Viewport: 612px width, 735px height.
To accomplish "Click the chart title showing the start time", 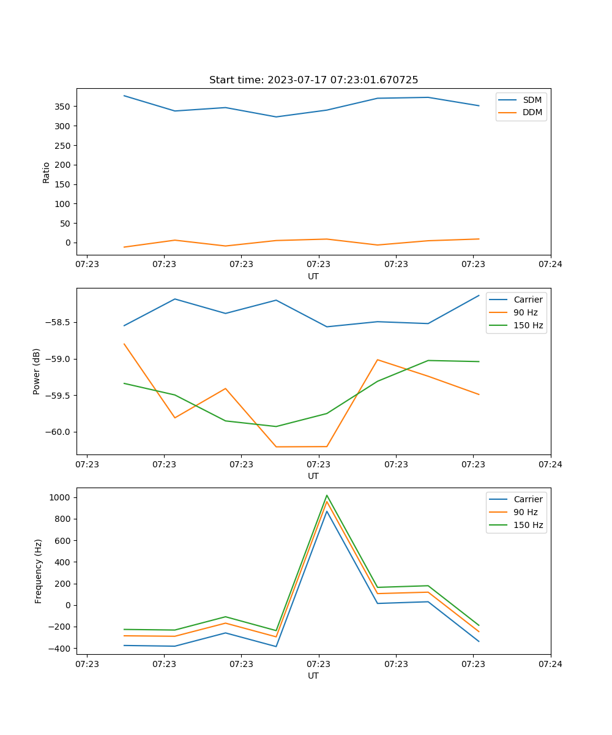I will tap(313, 80).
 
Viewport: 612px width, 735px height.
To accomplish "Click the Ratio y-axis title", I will tap(47, 172).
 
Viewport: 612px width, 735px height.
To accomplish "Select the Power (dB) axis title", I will tap(37, 371).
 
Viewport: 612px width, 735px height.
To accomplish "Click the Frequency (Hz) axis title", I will tap(39, 571).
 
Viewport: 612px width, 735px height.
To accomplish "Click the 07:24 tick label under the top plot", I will tap(550, 265).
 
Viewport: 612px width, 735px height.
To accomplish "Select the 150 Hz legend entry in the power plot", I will tap(528, 325).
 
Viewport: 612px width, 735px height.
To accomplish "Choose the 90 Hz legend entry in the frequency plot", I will tap(525, 512).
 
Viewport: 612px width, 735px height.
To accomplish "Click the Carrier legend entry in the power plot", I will tap(528, 300).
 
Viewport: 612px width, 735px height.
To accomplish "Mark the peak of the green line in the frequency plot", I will tap(327, 495).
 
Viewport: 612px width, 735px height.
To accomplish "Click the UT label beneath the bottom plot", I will tap(313, 676).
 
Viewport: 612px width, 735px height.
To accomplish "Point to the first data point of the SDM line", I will tap(124, 96).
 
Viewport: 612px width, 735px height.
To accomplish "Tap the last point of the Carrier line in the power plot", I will tap(479, 295).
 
